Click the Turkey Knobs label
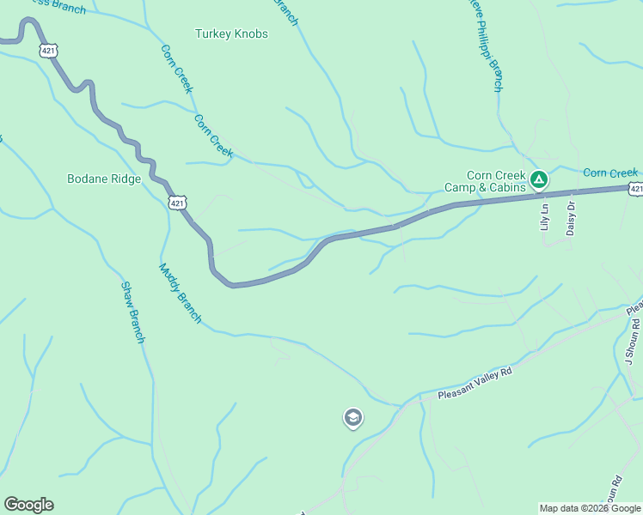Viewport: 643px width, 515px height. click(x=231, y=34)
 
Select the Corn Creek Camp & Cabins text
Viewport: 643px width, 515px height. click(x=484, y=181)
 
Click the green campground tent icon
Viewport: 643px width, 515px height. click(x=539, y=180)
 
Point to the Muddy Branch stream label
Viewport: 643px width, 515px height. click(x=180, y=293)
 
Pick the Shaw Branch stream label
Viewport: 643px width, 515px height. click(x=132, y=312)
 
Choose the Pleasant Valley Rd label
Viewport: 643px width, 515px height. click(x=475, y=384)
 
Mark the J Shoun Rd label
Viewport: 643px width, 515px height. click(x=633, y=342)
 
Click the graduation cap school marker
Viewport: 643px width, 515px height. click(x=352, y=418)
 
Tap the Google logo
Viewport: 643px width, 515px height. click(x=28, y=505)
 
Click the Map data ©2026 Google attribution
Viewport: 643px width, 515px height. click(x=590, y=508)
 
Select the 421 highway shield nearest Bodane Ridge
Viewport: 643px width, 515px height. click(x=176, y=203)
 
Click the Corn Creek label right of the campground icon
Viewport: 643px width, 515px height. click(x=610, y=173)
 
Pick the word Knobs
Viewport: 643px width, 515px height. click(x=250, y=34)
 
